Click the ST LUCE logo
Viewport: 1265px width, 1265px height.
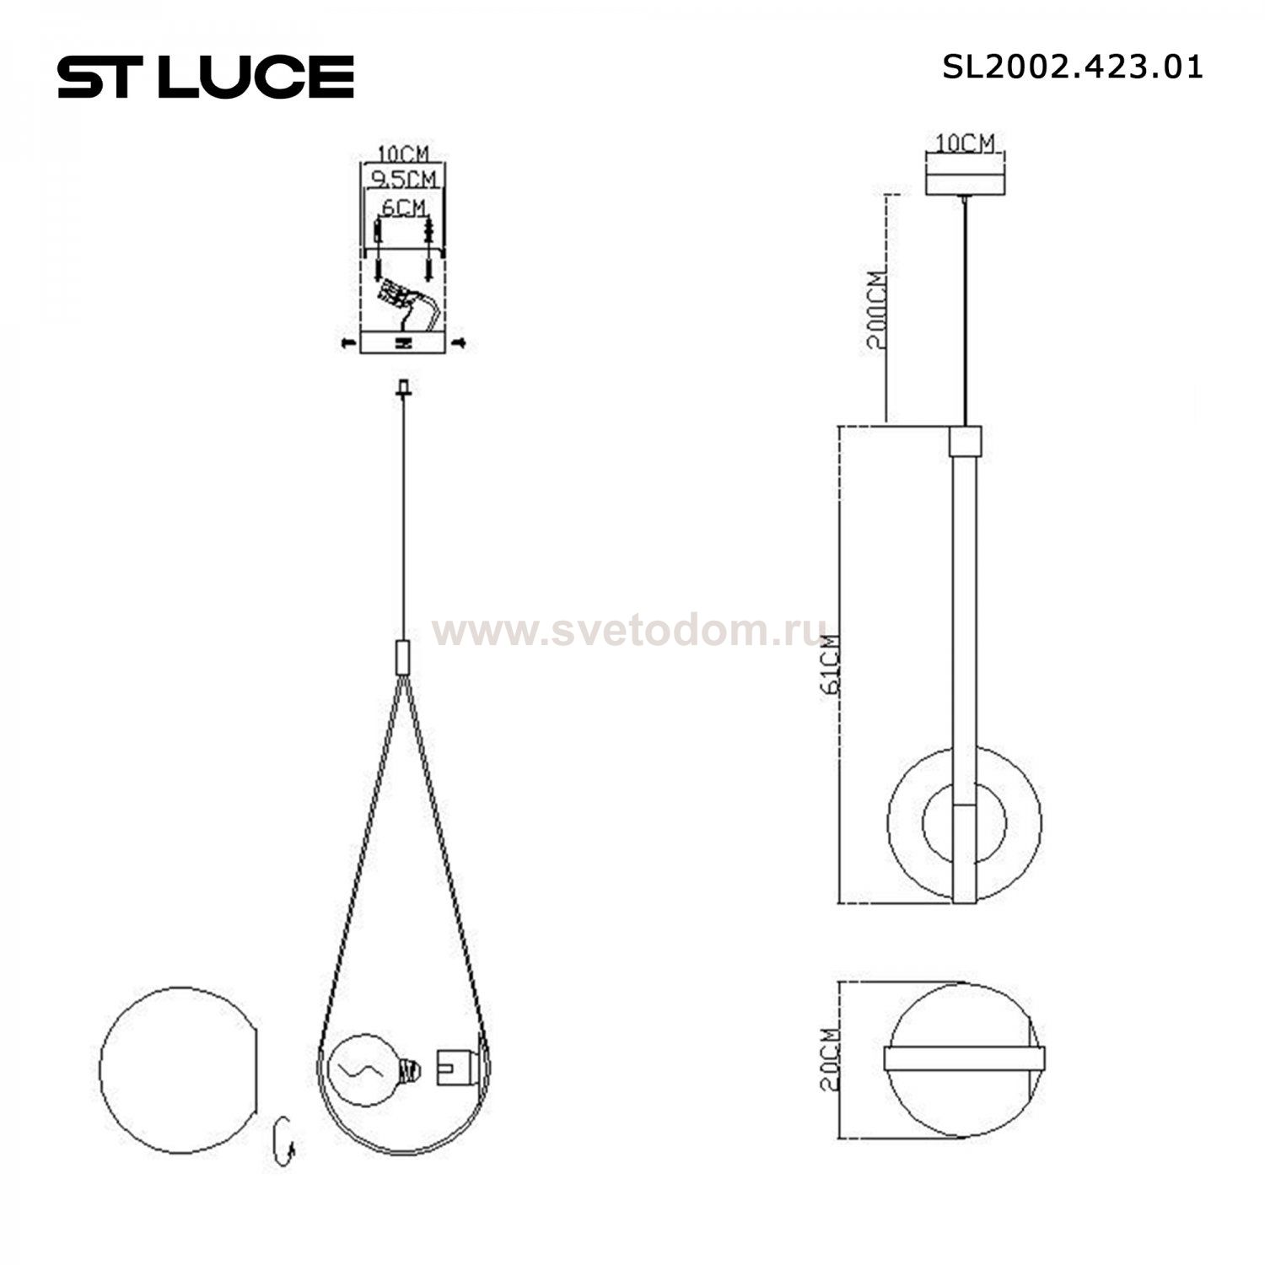pos(206,77)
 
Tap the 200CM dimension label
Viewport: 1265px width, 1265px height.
pos(877,312)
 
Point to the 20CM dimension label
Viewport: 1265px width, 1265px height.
pos(832,1059)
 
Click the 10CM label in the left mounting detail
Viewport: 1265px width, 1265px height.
pos(403,153)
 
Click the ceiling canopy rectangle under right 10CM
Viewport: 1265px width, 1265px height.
pos(965,182)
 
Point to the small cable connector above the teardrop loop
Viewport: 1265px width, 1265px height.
pos(404,655)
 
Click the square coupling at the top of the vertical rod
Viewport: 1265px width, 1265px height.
pos(965,439)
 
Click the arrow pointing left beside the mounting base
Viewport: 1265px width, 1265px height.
pos(346,342)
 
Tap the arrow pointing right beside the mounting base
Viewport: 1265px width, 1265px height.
pos(460,342)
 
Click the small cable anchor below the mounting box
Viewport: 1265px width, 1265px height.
pos(404,389)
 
